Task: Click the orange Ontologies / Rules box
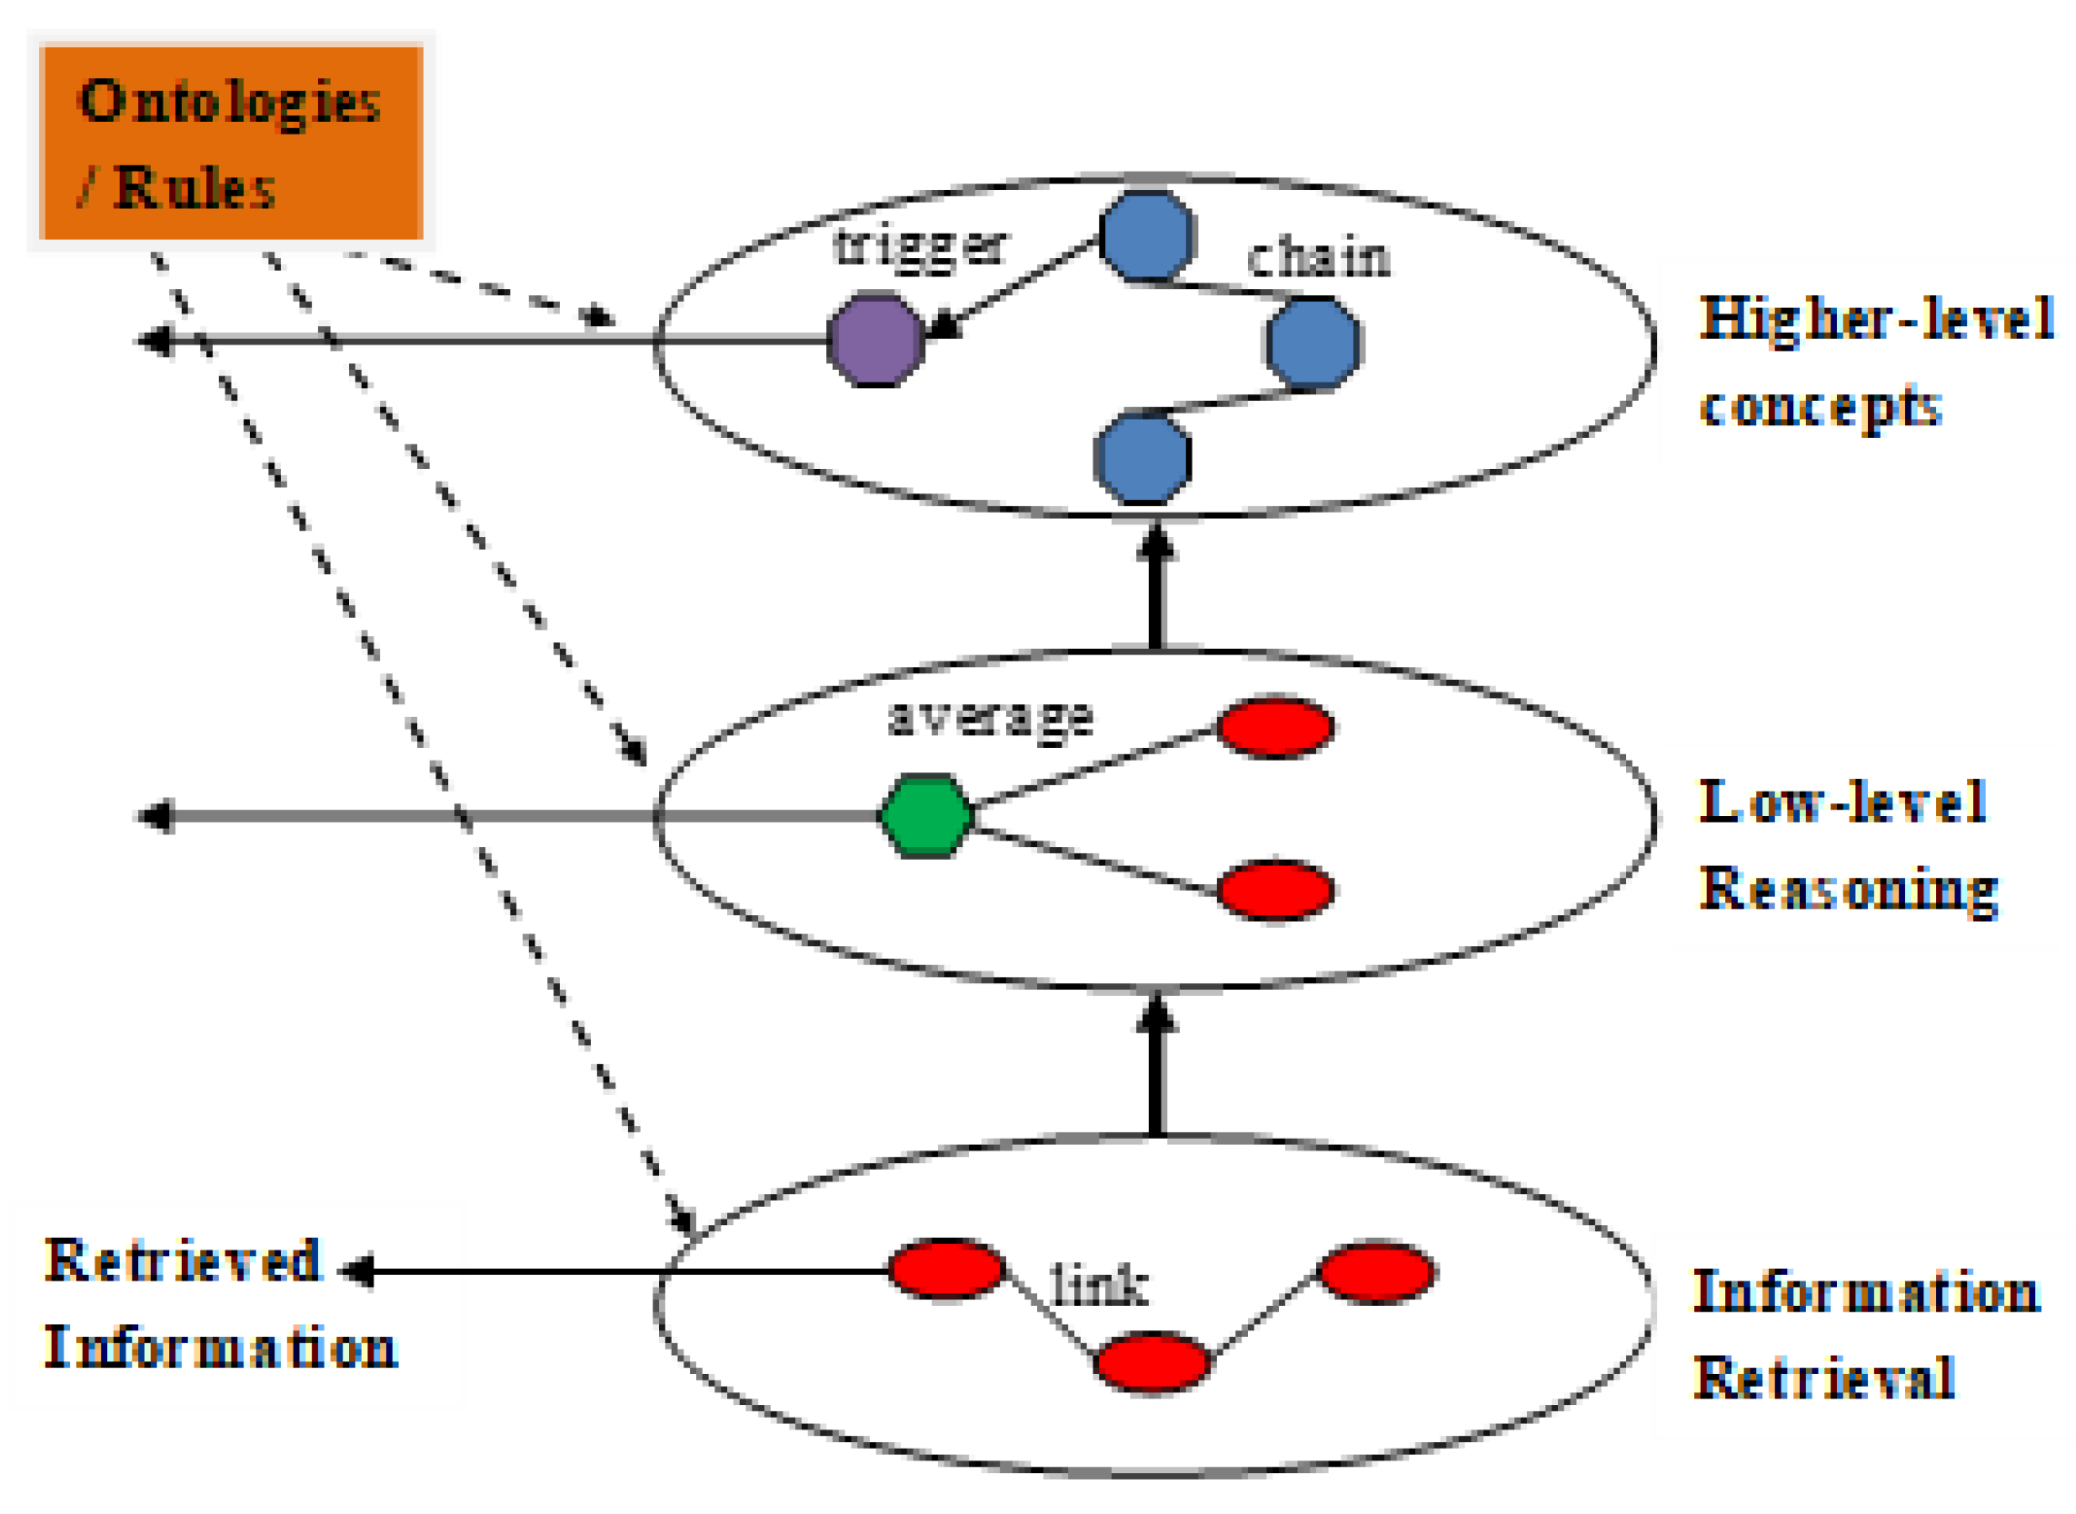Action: coord(231,142)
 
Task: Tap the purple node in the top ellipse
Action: coord(875,340)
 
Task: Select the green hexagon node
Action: coord(925,816)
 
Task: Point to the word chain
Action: coord(1318,258)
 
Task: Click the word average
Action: coord(990,718)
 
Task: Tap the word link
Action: coord(1098,1285)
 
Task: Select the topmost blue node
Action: coord(1146,236)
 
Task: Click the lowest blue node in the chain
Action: coord(1142,458)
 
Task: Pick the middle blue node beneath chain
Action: coord(1312,344)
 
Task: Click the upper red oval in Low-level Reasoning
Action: coord(1274,727)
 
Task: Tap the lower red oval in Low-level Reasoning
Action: coord(1274,890)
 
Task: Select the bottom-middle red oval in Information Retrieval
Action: coord(1152,1363)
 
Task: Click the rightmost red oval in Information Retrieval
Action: coord(1376,1271)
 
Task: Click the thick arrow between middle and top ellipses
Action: coord(1156,586)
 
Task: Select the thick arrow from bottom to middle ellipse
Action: coord(1156,1068)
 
